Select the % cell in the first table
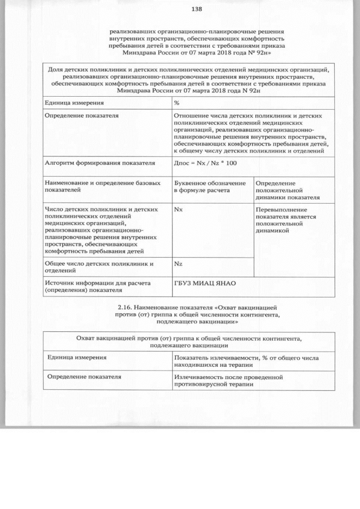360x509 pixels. point(177,103)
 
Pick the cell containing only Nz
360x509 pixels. point(178,263)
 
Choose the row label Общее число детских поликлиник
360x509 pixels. point(99,267)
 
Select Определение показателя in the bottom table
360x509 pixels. point(84,377)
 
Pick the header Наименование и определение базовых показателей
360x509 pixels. point(99,187)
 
